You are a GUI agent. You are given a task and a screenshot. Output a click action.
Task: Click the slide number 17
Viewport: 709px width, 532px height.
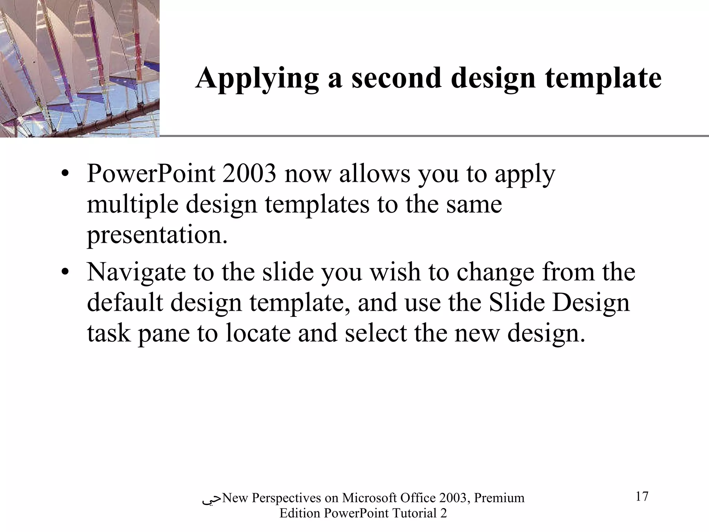[x=642, y=496]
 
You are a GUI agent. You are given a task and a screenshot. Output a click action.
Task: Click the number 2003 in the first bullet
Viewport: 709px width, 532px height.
[x=249, y=174]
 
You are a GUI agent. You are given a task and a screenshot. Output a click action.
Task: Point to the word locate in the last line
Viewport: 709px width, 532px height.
[x=258, y=333]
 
